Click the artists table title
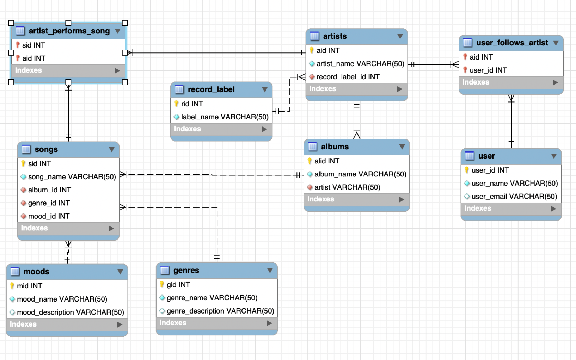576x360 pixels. [335, 36]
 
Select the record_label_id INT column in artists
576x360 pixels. [348, 77]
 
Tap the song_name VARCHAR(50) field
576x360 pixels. [72, 177]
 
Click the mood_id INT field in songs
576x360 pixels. [49, 216]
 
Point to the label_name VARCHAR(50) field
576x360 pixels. [225, 117]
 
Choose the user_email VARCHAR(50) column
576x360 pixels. [514, 197]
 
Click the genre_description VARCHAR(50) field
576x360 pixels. [220, 311]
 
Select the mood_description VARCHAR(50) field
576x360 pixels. [71, 312]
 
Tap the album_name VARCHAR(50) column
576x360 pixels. [361, 174]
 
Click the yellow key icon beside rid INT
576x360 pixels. [176, 104]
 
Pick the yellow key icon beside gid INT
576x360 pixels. [162, 285]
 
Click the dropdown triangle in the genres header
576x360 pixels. [270, 270]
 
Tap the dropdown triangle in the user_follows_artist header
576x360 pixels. [556, 43]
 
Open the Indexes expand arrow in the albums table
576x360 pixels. [401, 199]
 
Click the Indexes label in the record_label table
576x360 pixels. [187, 129]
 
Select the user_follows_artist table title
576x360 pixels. [512, 43]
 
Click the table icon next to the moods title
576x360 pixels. [15, 272]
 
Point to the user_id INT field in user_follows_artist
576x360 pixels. [488, 70]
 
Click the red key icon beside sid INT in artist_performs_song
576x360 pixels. [18, 45]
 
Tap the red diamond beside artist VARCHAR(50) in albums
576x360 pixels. [310, 187]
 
